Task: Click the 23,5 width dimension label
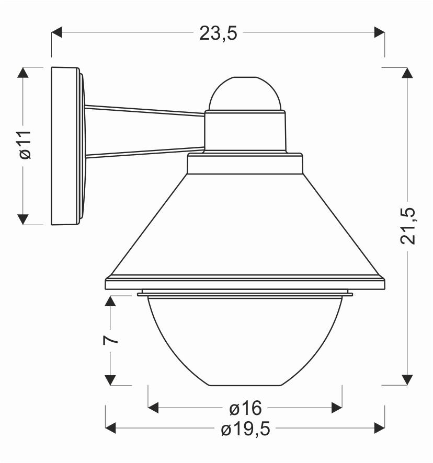point(218,33)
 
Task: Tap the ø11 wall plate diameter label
point(24,145)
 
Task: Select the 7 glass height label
point(110,340)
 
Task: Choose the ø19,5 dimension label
point(245,429)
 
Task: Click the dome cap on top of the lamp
point(245,94)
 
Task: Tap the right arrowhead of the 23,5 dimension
point(380,32)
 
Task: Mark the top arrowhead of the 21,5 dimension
point(407,73)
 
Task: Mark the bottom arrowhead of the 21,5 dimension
point(407,379)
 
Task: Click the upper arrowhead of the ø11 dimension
point(24,73)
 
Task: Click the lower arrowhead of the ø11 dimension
point(24,219)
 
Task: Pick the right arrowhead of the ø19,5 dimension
point(379,429)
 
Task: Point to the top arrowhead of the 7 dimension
point(110,301)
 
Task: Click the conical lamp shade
point(245,225)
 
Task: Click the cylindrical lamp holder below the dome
point(245,131)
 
